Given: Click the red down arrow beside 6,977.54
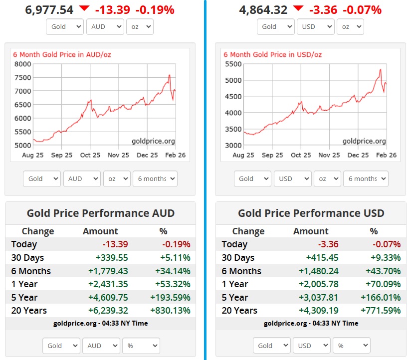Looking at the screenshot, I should pyautogui.click(x=84, y=8).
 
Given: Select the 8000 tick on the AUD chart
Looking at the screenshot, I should pyautogui.click(x=22, y=64).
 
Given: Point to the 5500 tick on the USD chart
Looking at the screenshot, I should pyautogui.click(x=233, y=64).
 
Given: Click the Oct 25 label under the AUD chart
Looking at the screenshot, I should pyautogui.click(x=91, y=155).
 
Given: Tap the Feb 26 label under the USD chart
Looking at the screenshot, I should pyautogui.click(x=386, y=155).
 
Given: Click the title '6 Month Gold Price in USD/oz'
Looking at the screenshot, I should pyautogui.click(x=272, y=54).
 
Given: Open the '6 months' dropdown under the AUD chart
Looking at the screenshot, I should pyautogui.click(x=155, y=179).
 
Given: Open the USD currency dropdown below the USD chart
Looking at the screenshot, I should pyautogui.click(x=292, y=179).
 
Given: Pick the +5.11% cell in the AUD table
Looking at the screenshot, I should pyautogui.click(x=175, y=258).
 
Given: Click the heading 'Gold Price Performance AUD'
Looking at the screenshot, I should pyautogui.click(x=100, y=213).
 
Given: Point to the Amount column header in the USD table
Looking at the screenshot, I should pyautogui.click(x=311, y=231).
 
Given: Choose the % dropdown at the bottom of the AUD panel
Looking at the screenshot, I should pyautogui.click(x=141, y=346).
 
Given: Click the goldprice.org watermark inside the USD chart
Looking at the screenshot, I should pyautogui.click(x=364, y=141).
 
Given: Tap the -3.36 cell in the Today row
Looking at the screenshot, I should pyautogui.click(x=329, y=244).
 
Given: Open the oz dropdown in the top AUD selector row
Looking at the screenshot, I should pyautogui.click(x=139, y=26).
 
